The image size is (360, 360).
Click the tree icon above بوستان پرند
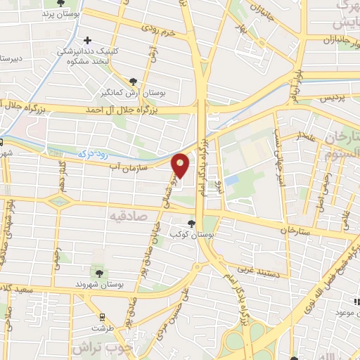[x=69, y=4]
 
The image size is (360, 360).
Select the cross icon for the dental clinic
[x=87, y=41]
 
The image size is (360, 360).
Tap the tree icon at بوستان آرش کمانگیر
[x=134, y=82]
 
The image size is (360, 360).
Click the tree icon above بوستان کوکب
[x=191, y=224]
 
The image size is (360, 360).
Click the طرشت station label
[x=102, y=328]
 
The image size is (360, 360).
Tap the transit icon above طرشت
[x=102, y=317]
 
